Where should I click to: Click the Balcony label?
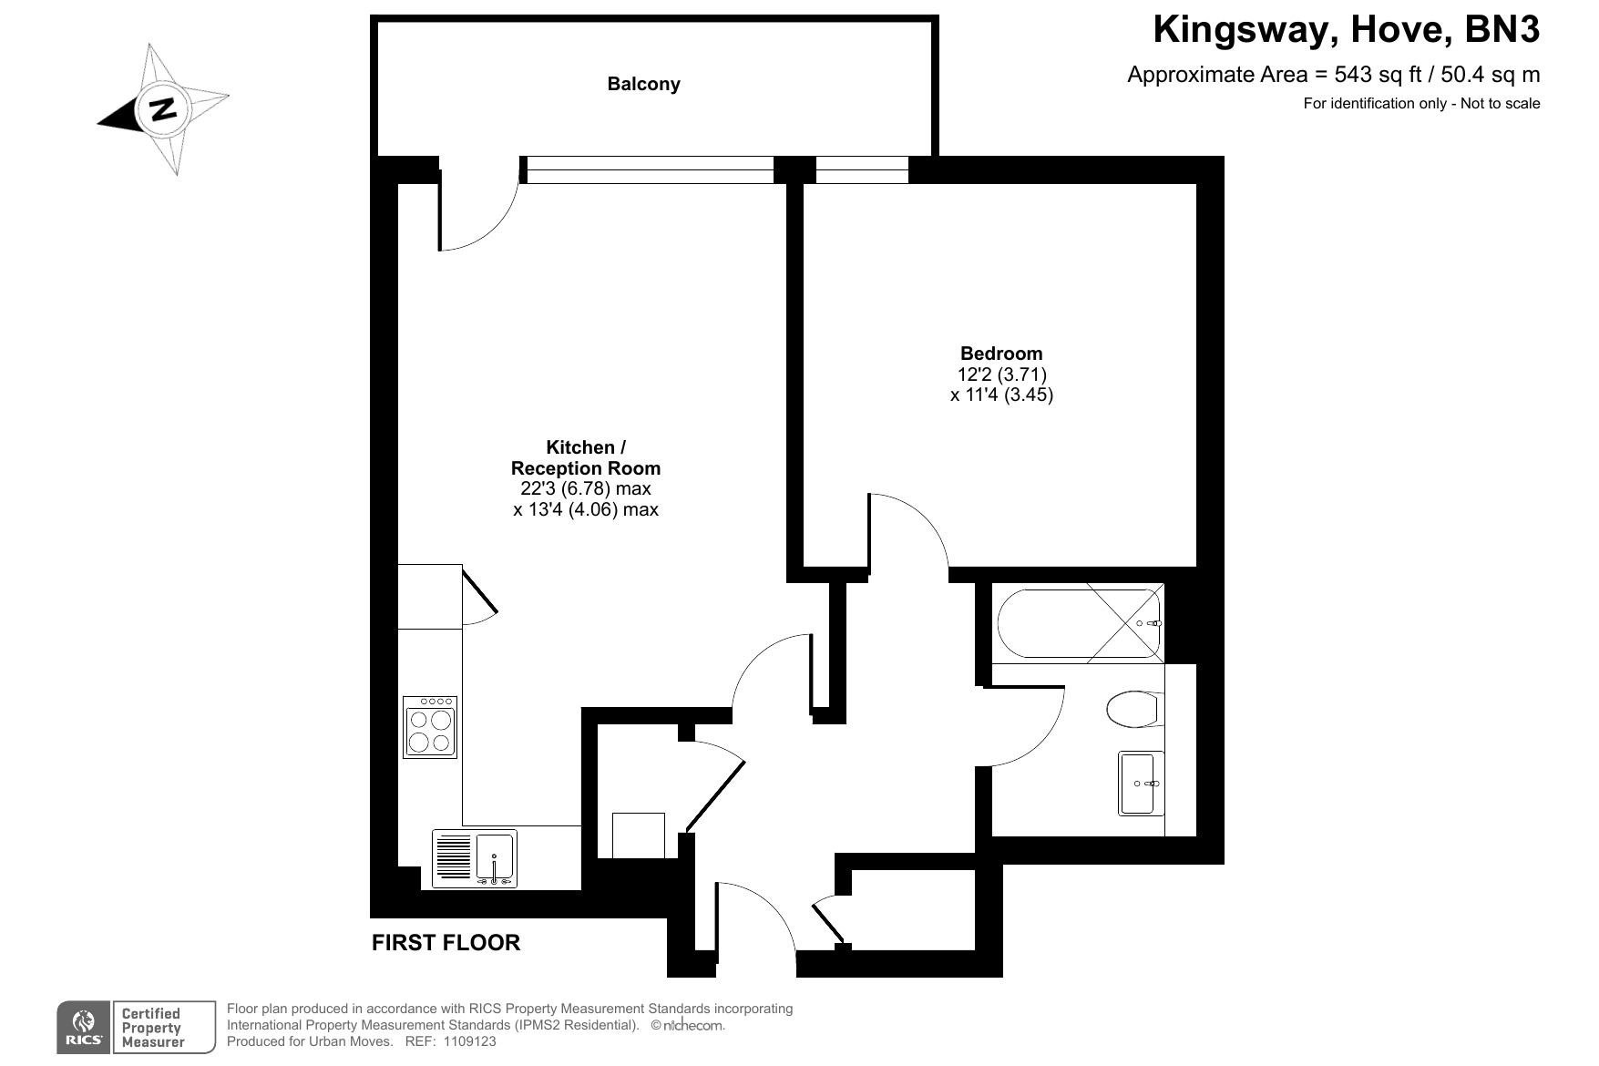click(x=643, y=84)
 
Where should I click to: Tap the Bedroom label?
click(x=1001, y=354)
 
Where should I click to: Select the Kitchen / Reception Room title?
click(x=586, y=457)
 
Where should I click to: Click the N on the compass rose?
click(x=163, y=108)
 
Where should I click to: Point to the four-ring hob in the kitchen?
click(x=430, y=727)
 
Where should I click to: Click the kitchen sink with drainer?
click(x=474, y=858)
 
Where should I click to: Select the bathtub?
click(x=1080, y=623)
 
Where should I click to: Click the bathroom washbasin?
click(x=1141, y=784)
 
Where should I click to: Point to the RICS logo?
click(x=84, y=1027)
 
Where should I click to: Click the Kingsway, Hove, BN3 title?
click(x=1347, y=30)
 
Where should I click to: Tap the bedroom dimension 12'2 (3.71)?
click(x=1001, y=374)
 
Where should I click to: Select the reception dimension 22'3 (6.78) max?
click(x=586, y=489)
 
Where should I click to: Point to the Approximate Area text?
click(x=1334, y=75)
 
